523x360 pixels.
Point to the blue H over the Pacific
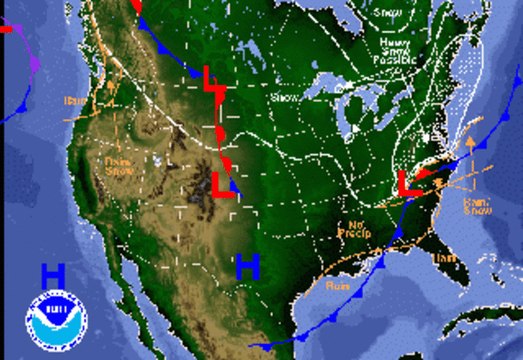click(x=53, y=273)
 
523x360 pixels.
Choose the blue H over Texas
click(x=247, y=265)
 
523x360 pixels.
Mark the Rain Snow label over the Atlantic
click(x=476, y=204)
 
